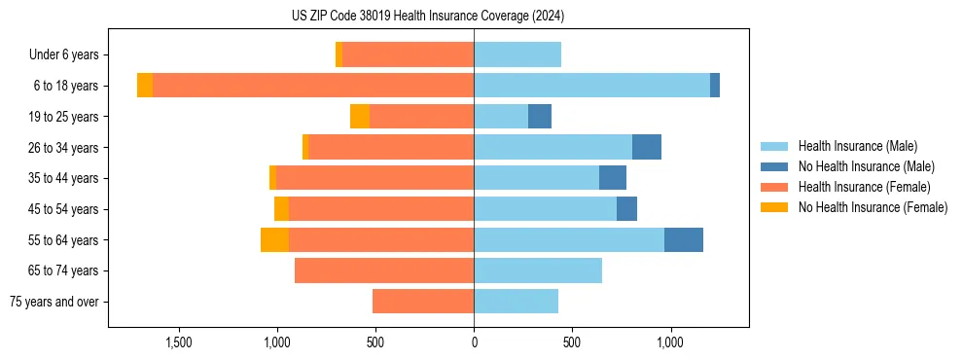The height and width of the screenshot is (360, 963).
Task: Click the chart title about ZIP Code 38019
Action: (x=427, y=17)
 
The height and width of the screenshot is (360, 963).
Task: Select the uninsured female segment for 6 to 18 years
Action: (x=145, y=86)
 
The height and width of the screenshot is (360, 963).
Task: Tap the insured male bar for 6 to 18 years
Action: (x=591, y=86)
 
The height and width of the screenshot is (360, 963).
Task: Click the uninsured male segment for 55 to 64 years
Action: (x=684, y=239)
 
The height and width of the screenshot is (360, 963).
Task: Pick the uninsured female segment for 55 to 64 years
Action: (x=274, y=239)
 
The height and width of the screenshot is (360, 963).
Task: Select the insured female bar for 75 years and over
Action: (x=423, y=302)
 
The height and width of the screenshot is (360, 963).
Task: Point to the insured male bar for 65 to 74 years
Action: (x=538, y=270)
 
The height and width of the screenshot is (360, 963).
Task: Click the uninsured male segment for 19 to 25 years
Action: (x=540, y=117)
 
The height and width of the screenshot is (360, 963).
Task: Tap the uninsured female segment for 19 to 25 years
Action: (x=360, y=117)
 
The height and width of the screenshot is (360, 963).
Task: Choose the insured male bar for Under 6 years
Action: (x=517, y=54)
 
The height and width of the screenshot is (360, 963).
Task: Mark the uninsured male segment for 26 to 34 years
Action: (x=647, y=147)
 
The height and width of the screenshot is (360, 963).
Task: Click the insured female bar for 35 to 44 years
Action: (x=374, y=178)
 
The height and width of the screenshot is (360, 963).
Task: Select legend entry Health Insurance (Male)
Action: (x=857, y=146)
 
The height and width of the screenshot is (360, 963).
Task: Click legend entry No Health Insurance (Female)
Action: (x=873, y=207)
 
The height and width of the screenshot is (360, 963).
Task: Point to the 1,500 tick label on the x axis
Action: (x=179, y=342)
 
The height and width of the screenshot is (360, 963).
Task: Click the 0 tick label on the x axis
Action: (x=474, y=342)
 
